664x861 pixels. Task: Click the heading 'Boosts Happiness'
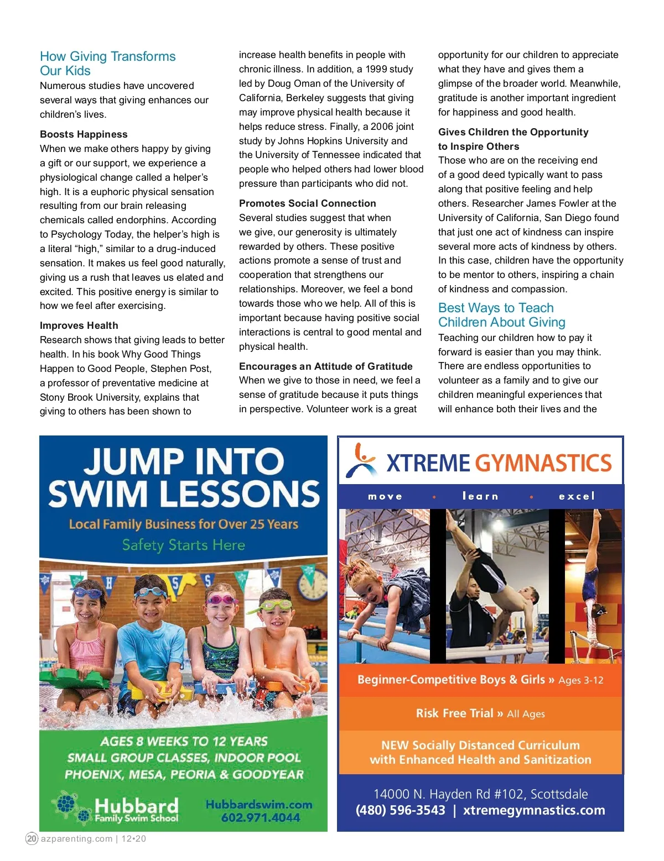(84, 134)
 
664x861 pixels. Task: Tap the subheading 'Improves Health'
(79, 326)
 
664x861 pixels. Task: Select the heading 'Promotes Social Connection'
(307, 203)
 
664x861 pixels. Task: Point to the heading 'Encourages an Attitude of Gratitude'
(325, 366)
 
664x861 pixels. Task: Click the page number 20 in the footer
(32, 838)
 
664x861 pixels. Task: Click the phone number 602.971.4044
(260, 818)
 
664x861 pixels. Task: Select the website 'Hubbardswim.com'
(259, 805)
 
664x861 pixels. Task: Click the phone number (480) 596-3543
(400, 810)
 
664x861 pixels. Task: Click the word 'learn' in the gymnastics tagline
(480, 496)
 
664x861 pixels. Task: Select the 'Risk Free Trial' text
(454, 713)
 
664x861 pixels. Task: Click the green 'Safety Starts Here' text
(183, 545)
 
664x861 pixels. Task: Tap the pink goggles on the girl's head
(221, 599)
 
